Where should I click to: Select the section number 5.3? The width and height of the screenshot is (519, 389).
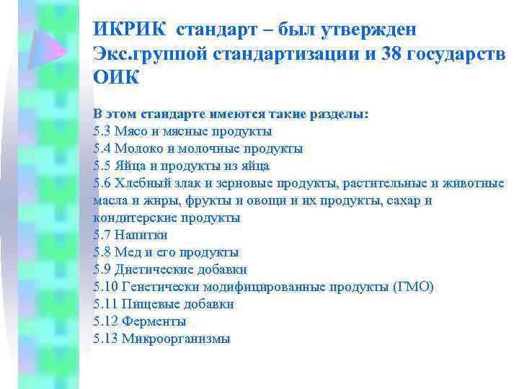coord(102,131)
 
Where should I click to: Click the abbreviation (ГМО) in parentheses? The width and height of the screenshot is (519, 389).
coord(414,287)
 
